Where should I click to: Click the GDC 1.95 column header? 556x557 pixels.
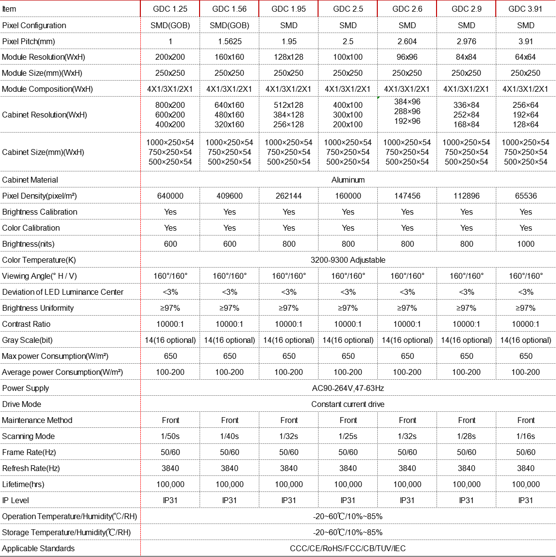coord(288,9)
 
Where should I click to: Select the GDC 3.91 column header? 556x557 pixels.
coord(525,9)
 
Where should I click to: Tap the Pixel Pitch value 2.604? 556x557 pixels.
coord(407,41)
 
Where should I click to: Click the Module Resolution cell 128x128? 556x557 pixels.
coord(288,57)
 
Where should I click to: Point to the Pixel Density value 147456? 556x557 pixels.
coord(407,196)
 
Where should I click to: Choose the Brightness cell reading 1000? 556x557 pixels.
coord(525,244)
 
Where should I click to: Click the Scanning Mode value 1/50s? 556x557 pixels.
coord(170,437)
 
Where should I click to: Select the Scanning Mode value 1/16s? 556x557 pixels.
coord(525,437)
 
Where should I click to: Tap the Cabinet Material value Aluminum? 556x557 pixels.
coord(348,180)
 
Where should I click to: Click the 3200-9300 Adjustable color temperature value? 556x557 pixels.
coord(348,260)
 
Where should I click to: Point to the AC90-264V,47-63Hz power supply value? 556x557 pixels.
coord(348,388)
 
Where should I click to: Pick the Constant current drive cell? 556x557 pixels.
coord(348,405)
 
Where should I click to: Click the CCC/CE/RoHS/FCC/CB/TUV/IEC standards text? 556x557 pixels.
coord(348,549)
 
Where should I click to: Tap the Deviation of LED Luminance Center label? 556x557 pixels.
coord(63,292)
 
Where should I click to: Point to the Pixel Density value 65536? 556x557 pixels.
coord(525,196)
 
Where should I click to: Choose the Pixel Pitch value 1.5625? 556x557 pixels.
coord(229,41)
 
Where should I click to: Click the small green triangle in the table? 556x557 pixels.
coord(379,98)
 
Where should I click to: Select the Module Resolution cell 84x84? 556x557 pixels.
coord(466,57)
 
